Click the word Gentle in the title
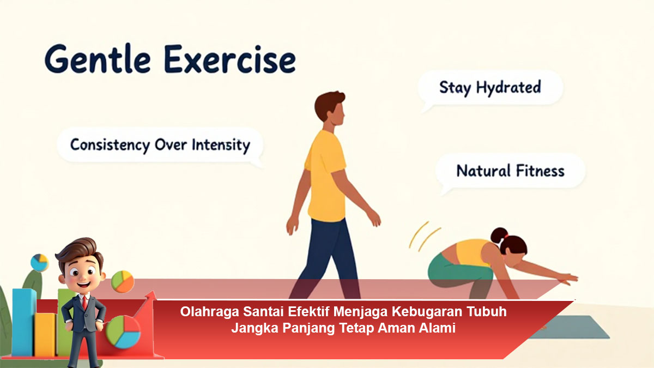click(x=98, y=59)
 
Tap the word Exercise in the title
click(x=230, y=59)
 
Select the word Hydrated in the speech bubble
click(x=508, y=88)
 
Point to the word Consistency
click(x=110, y=145)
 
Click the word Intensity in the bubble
click(x=221, y=145)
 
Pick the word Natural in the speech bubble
click(x=483, y=171)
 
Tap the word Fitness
click(x=540, y=171)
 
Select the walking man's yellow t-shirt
click(x=326, y=175)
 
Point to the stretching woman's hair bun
click(x=499, y=236)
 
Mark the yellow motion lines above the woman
click(x=424, y=236)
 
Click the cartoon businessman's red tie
click(x=84, y=303)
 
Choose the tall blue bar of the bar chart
click(x=24, y=322)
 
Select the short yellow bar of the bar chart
click(x=45, y=335)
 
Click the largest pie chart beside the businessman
click(x=123, y=332)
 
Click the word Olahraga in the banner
click(x=210, y=312)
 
